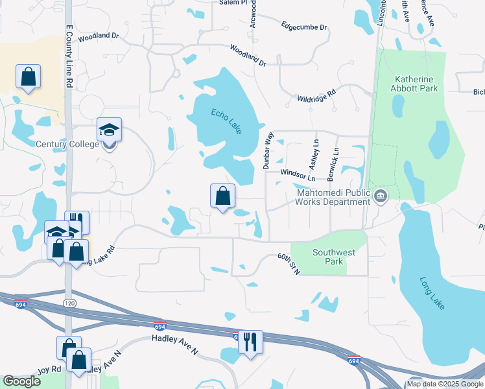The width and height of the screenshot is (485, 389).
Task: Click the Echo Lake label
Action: pyautogui.click(x=226, y=121)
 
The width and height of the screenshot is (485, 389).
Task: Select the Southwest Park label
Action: pyautogui.click(x=327, y=257)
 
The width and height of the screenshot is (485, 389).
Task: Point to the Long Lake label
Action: pyautogui.click(x=432, y=294)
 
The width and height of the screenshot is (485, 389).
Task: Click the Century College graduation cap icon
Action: pyautogui.click(x=110, y=129)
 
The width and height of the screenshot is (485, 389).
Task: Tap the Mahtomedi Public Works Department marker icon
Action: pyautogui.click(x=381, y=195)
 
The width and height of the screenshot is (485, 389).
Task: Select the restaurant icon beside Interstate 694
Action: pyautogui.click(x=250, y=340)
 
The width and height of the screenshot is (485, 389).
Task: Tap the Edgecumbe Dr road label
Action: pyautogui.click(x=304, y=27)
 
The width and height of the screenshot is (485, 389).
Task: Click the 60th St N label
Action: pyautogui.click(x=289, y=263)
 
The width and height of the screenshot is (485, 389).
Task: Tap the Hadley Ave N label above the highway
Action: pyautogui.click(x=174, y=344)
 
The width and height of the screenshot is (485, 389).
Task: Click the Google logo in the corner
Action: pyautogui.click(x=21, y=381)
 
